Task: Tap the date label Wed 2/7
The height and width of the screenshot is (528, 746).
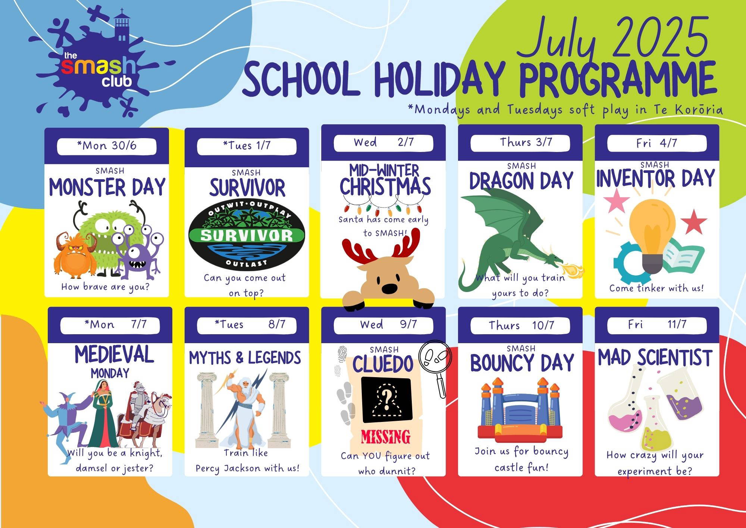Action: pos(383,143)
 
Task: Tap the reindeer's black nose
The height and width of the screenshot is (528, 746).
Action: pos(389,288)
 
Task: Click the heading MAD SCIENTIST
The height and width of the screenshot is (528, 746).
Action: pos(655,357)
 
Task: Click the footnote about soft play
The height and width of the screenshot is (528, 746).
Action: pos(565,110)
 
